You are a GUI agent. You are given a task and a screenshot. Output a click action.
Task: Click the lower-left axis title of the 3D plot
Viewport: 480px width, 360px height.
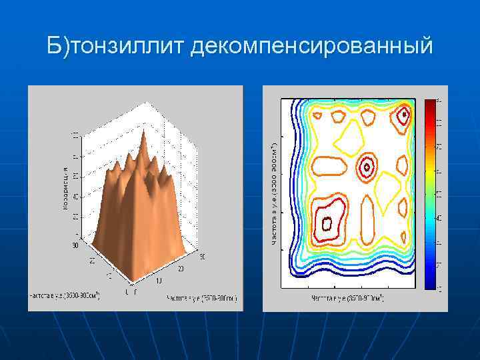[64, 294]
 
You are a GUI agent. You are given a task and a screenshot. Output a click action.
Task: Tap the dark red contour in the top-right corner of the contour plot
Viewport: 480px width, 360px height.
[403, 117]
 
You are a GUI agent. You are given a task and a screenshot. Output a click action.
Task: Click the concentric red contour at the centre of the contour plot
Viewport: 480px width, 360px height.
[367, 167]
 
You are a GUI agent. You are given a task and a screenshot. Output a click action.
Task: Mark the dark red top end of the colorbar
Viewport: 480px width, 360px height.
[429, 103]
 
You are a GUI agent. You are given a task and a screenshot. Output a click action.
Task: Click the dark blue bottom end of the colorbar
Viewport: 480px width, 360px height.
[429, 286]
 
